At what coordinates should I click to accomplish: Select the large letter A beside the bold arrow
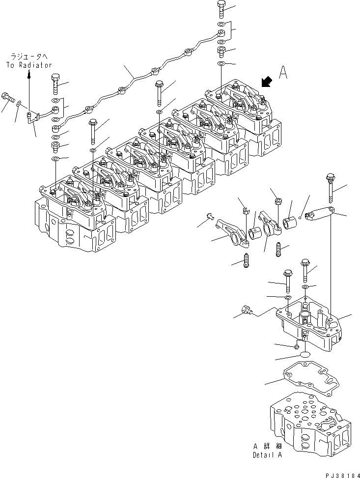click(x=283, y=73)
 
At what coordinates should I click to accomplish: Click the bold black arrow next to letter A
click(x=267, y=82)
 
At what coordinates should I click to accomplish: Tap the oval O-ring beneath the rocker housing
click(x=305, y=355)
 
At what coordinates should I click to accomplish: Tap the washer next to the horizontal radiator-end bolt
click(x=18, y=104)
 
